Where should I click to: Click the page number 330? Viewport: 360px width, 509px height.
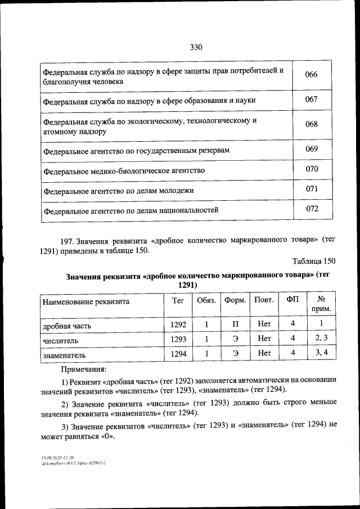click(196, 47)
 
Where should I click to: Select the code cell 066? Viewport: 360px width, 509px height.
click(311, 75)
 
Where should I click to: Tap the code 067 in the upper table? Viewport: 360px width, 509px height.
click(311, 100)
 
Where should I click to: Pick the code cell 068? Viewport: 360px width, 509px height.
click(311, 124)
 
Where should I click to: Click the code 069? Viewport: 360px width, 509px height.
click(311, 149)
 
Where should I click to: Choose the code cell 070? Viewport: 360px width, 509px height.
click(311, 169)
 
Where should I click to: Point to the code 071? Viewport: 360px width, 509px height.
click(312, 189)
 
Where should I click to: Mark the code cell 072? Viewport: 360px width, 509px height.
click(312, 209)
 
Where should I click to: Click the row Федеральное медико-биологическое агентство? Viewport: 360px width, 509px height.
click(124, 170)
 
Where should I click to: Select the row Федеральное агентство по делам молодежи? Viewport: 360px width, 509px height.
click(118, 191)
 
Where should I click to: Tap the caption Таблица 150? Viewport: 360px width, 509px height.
click(314, 261)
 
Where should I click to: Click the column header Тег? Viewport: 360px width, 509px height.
click(178, 300)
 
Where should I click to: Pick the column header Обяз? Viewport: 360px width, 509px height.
click(206, 300)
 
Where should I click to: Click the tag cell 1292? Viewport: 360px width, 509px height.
click(178, 325)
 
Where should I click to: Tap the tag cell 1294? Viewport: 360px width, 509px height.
click(178, 354)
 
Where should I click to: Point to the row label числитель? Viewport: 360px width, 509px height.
click(60, 340)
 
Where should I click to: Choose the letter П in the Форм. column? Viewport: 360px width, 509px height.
click(236, 325)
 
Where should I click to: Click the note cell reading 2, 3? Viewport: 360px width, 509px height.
click(321, 338)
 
